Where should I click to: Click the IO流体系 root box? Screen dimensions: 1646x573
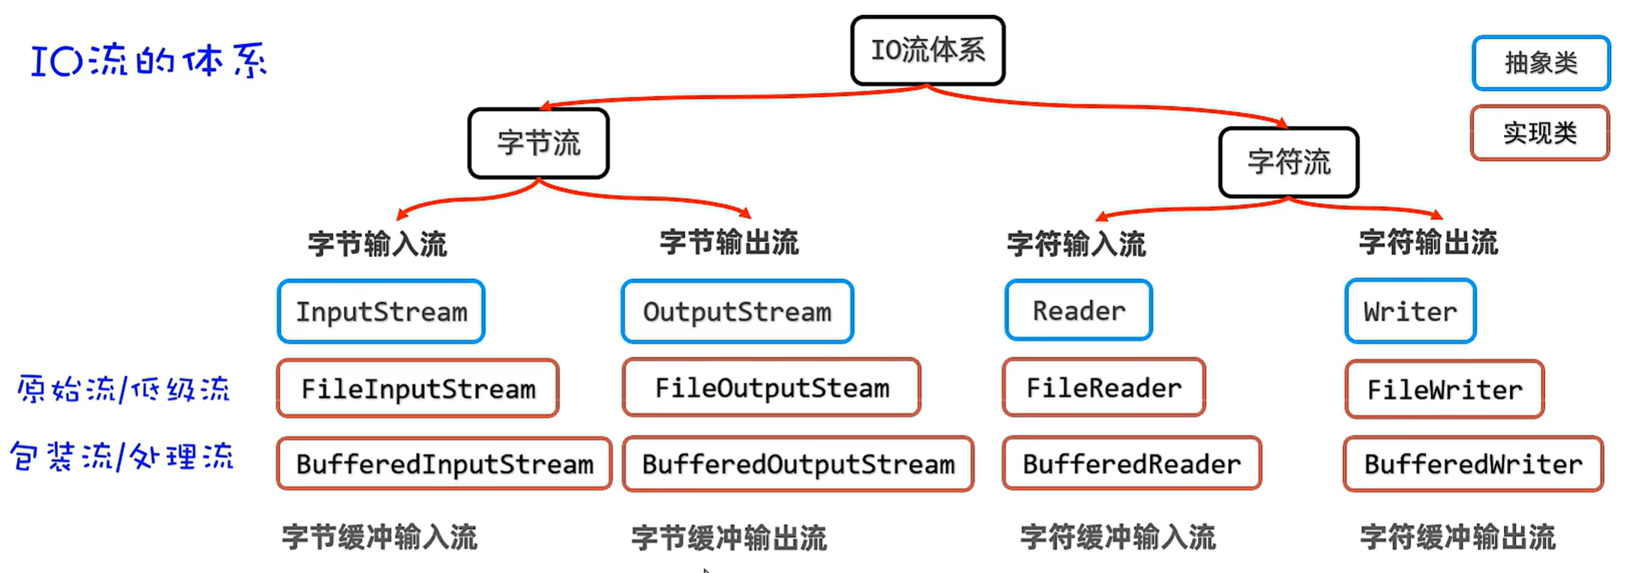tap(927, 50)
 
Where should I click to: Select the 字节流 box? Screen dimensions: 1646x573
tap(538, 143)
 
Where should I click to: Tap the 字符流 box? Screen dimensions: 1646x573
tap(1288, 162)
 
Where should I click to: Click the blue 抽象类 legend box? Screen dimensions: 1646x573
tap(1541, 63)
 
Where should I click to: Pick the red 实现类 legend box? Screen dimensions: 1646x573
tap(1539, 133)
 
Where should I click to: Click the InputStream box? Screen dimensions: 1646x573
tap(381, 311)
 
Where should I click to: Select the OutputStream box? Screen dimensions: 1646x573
tap(737, 311)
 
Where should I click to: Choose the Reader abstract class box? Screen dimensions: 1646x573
tap(1079, 310)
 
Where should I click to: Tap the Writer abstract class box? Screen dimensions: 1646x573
tap(1410, 311)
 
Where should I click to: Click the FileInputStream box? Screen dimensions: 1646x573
tap(418, 388)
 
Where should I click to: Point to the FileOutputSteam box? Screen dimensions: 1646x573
tap(772, 387)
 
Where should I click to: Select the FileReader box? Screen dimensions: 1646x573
tap(1103, 387)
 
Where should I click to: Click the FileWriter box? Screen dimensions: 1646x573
tap(1445, 389)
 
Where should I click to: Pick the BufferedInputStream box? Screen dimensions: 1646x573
tap(444, 463)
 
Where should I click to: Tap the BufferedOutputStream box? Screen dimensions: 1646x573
tap(798, 464)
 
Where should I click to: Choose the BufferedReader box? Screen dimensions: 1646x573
tap(1131, 463)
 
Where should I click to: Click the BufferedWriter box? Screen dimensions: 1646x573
tap(1473, 464)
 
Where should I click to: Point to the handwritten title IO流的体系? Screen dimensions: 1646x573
tap(149, 62)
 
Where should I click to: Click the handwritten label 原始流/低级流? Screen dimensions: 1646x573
tap(123, 389)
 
